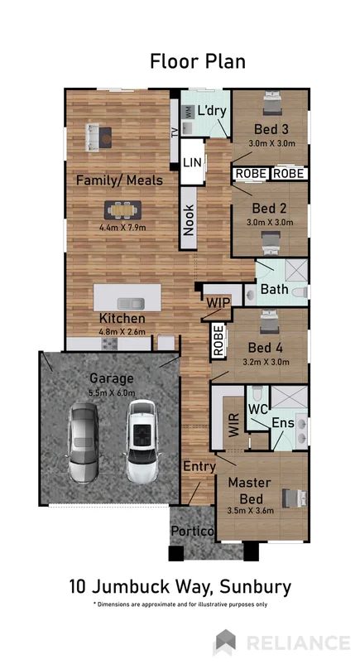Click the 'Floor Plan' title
[197, 61]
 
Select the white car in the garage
[142, 437]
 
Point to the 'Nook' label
[190, 220]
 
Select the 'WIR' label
[233, 424]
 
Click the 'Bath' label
[274, 290]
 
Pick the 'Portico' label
[193, 530]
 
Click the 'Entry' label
[199, 467]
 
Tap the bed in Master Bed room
[292, 497]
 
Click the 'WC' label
[257, 409]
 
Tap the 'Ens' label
[283, 423]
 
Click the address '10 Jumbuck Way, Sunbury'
[180, 587]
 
